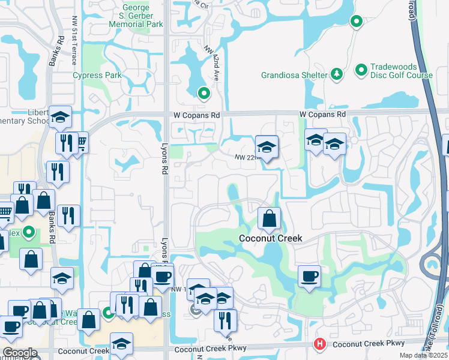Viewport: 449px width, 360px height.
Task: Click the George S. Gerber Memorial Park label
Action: click(x=136, y=16)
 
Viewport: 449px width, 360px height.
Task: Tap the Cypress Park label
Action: click(x=97, y=76)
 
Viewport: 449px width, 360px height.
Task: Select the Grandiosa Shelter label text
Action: click(x=294, y=76)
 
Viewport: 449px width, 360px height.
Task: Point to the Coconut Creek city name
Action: click(x=270, y=238)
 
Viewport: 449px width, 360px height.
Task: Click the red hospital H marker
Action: click(x=320, y=344)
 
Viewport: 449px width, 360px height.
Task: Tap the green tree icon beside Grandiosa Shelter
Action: click(x=337, y=74)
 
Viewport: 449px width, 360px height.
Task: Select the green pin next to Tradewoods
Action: click(x=361, y=71)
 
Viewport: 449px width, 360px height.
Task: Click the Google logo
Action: click(x=20, y=353)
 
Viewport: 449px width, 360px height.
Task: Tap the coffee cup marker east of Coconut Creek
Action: click(x=309, y=277)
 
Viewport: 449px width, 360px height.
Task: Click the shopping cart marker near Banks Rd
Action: click(x=80, y=142)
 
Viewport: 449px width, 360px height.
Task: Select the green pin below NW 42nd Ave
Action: click(x=204, y=94)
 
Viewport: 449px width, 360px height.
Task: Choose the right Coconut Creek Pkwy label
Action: click(x=369, y=343)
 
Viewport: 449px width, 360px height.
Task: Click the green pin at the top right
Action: click(x=357, y=22)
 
